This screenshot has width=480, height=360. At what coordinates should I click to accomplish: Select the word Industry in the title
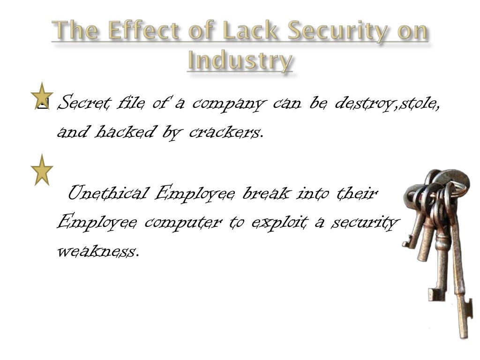[x=240, y=61]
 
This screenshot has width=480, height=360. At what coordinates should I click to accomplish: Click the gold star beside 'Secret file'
[x=42, y=96]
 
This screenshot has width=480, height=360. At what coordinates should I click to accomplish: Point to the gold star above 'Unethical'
[x=42, y=170]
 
